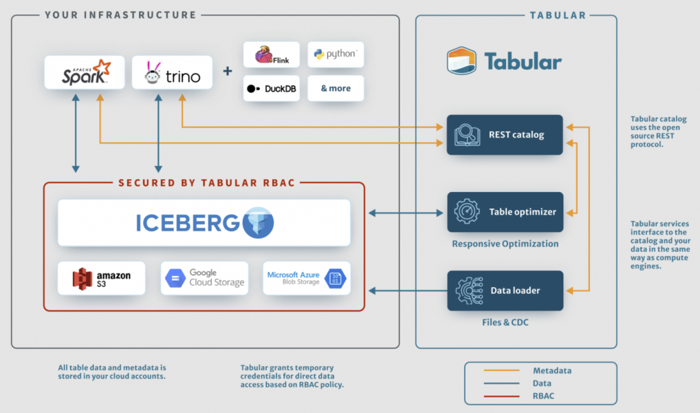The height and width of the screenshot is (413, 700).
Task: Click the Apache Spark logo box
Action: (85, 72)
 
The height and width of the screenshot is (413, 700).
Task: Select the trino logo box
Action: (173, 73)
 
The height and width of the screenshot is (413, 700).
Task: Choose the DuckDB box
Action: (272, 88)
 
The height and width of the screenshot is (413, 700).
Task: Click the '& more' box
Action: (336, 88)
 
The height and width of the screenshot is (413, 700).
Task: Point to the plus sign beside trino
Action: (227, 72)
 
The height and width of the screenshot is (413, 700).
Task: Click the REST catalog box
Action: (505, 134)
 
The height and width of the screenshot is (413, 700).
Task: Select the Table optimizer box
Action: (505, 212)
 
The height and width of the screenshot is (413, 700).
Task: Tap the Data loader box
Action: (505, 290)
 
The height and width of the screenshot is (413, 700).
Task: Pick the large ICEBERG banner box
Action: (204, 222)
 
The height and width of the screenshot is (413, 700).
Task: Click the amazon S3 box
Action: (102, 278)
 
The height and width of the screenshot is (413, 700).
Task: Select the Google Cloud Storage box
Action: (205, 278)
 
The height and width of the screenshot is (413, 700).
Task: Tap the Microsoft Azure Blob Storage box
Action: (307, 278)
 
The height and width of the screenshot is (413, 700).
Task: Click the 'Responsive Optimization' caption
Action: (505, 244)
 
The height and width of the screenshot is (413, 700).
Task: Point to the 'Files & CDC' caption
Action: (505, 322)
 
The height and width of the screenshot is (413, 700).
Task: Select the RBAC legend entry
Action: (543, 396)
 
